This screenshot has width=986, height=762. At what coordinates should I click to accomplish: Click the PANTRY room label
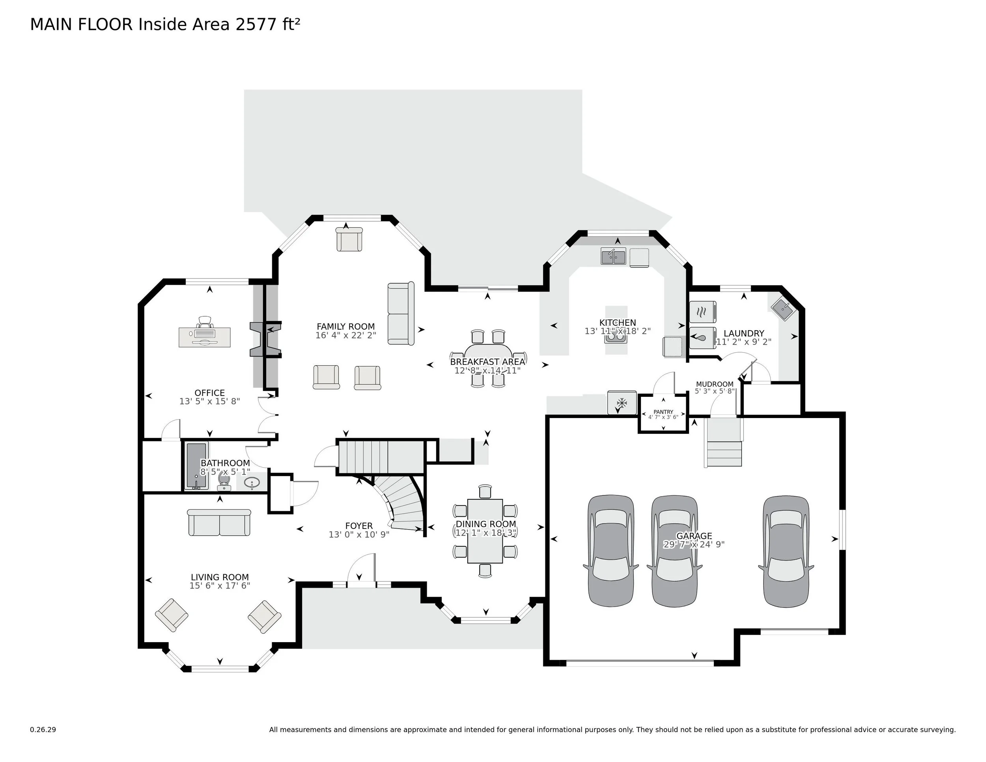[x=663, y=412]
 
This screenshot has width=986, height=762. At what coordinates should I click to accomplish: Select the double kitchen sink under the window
[x=613, y=257]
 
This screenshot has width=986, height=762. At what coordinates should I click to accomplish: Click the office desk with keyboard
[x=205, y=337]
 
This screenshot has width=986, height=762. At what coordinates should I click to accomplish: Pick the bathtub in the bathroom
[x=196, y=465]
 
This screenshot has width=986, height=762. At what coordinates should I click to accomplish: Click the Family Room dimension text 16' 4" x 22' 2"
[x=345, y=335]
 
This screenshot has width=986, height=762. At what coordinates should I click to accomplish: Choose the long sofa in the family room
[x=400, y=314]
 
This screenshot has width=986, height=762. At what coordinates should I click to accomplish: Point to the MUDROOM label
[x=714, y=384]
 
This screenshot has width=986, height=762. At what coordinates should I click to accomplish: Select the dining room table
[x=485, y=531]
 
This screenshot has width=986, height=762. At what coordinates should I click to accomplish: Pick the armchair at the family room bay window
[x=349, y=239]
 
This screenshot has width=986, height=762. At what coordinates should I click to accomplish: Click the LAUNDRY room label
[x=743, y=333]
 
